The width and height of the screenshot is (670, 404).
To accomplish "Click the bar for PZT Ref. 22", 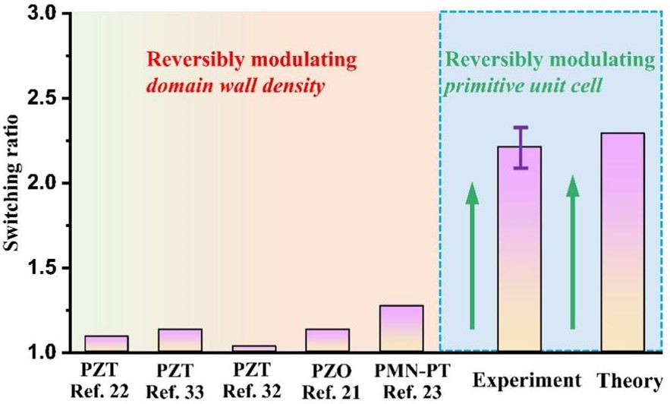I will click(105, 344).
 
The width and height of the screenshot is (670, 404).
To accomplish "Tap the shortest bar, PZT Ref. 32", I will click(253, 349).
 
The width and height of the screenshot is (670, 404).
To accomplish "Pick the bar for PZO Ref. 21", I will click(327, 341).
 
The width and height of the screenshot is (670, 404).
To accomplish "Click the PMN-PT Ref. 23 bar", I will click(400, 329).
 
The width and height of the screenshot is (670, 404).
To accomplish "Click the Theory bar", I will click(622, 243).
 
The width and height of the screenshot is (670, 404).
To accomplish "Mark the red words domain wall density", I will click(237, 86).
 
